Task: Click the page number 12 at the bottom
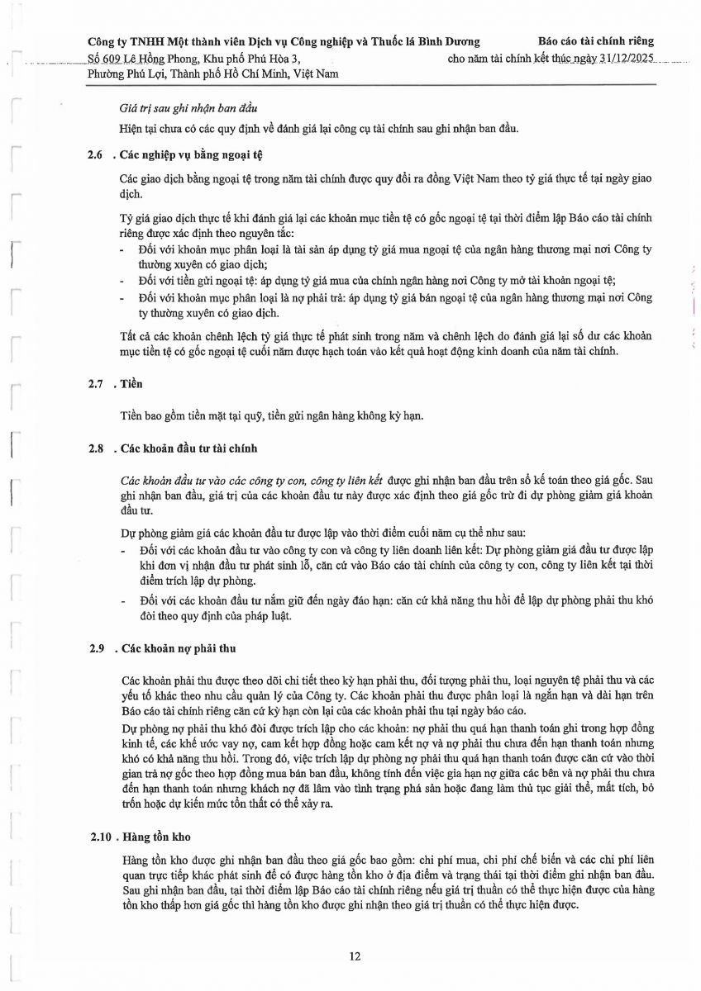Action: pyautogui.click(x=355, y=956)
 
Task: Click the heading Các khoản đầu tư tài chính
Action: pyautogui.click(x=189, y=448)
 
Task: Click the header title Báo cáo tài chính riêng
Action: pyautogui.click(x=595, y=40)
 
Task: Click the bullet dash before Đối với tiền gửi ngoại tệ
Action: pyautogui.click(x=123, y=282)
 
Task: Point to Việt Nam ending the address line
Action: pyautogui.click(x=316, y=73)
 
